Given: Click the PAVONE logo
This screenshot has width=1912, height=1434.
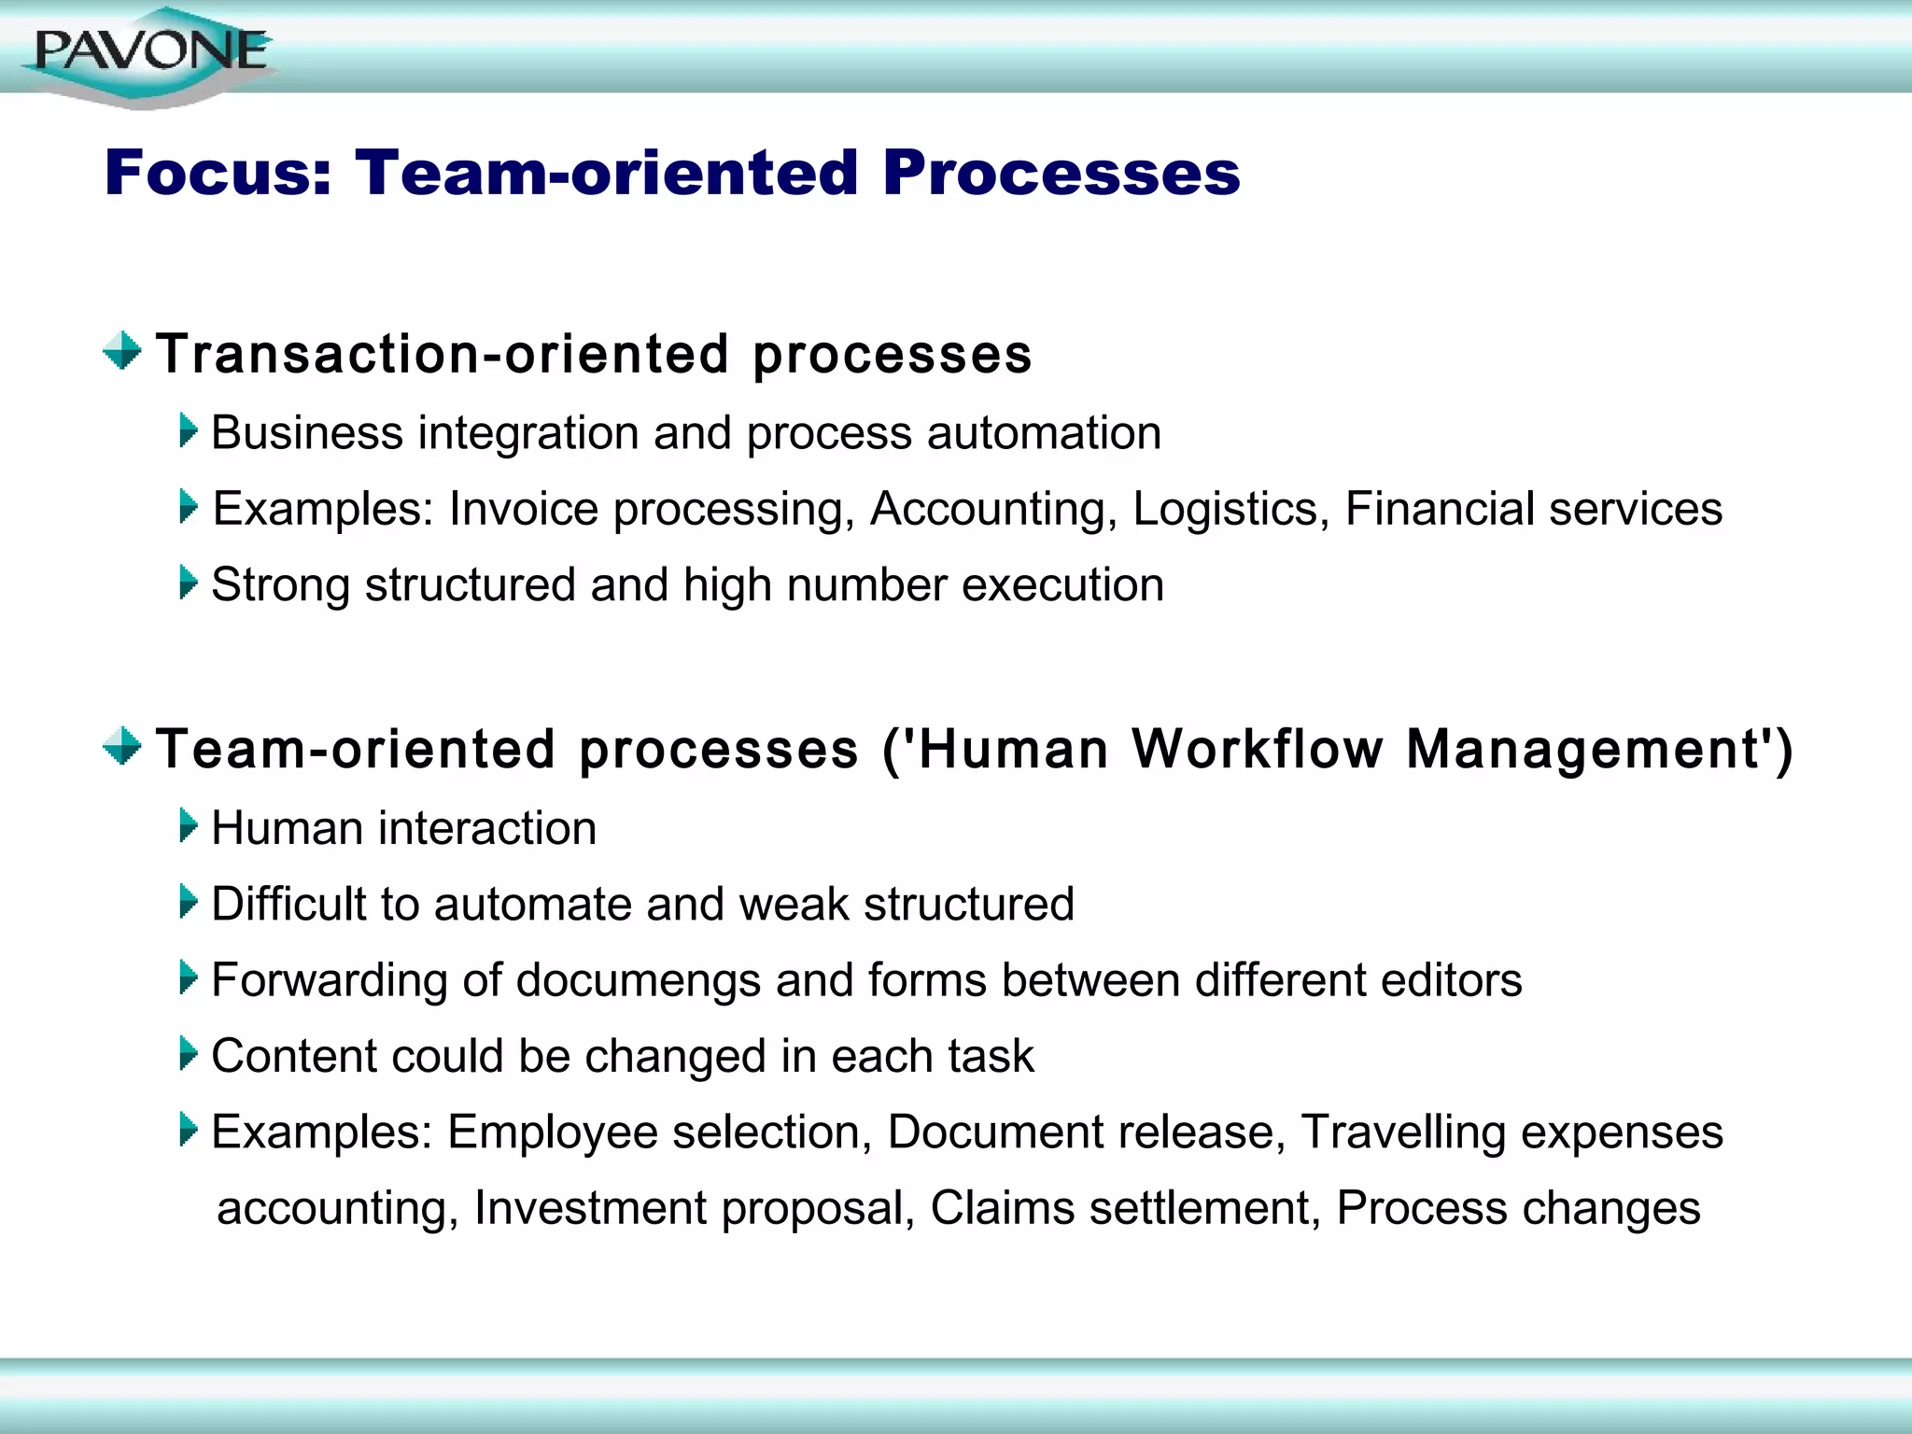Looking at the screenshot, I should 149,53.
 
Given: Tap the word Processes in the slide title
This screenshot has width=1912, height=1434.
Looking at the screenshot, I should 1061,174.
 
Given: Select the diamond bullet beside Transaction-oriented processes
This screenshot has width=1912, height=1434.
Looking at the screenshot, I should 122,352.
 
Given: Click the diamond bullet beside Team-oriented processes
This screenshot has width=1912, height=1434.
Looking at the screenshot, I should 122,747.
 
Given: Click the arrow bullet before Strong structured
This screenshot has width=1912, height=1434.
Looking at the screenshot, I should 189,583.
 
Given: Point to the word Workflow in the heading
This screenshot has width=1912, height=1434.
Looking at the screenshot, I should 1257,750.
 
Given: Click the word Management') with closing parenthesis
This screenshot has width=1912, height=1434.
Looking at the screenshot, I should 1598,750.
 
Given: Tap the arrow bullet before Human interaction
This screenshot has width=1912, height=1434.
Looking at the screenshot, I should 189,826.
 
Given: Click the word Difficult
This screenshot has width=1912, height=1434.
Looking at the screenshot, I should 288,905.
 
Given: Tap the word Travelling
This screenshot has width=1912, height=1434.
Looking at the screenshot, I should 1402,1133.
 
